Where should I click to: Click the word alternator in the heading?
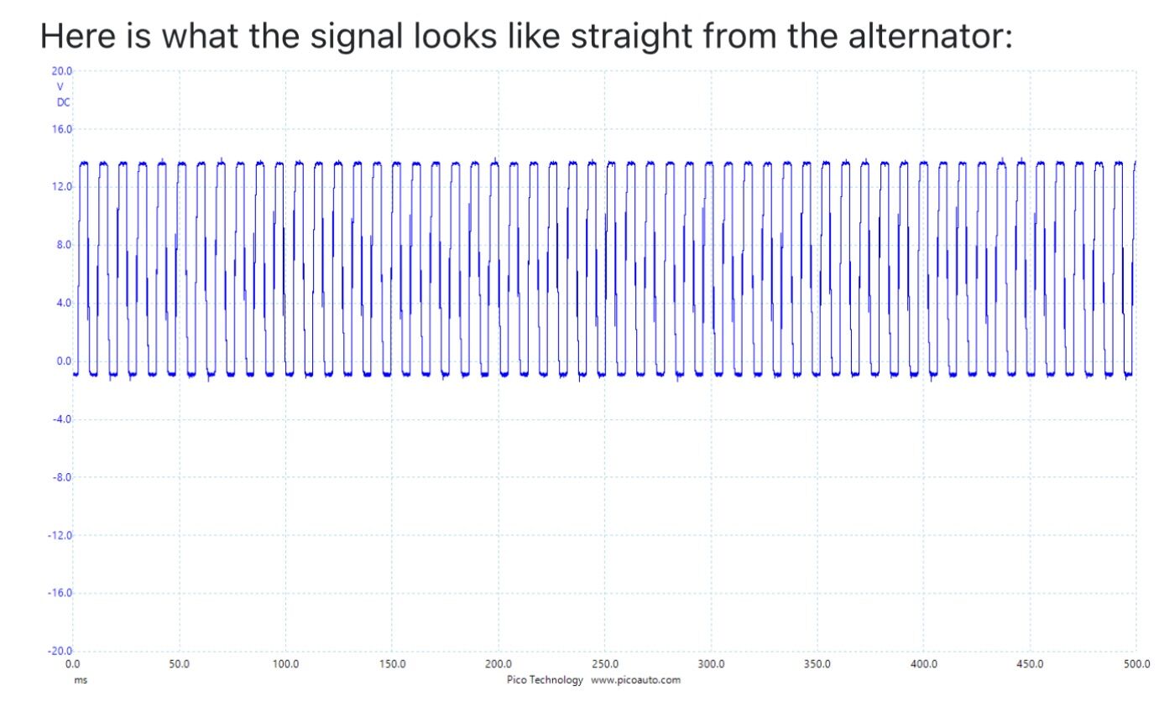(930, 36)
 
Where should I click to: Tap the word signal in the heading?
(357, 36)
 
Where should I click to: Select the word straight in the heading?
(631, 36)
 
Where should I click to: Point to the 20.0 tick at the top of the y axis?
(61, 70)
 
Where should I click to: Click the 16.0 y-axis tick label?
(61, 129)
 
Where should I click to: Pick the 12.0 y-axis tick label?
(61, 187)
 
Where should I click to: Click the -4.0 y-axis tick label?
(61, 419)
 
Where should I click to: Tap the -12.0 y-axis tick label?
(60, 535)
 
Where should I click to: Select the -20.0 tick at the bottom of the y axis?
(60, 651)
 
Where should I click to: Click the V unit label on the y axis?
(60, 87)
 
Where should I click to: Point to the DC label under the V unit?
(63, 102)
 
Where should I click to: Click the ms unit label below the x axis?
(81, 680)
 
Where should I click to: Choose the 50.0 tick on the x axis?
(179, 664)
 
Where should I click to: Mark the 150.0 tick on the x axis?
(392, 664)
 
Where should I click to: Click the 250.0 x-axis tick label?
(605, 664)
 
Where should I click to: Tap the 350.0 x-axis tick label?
(817, 664)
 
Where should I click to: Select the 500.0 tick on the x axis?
(1136, 664)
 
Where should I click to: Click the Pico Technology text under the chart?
(545, 680)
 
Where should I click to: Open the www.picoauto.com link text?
(636, 680)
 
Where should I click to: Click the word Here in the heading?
(78, 36)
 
